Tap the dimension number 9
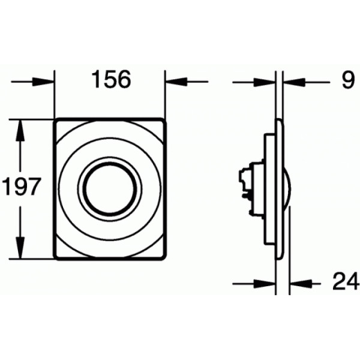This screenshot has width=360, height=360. (x=348, y=80)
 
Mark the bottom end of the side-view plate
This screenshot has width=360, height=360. (x=278, y=258)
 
